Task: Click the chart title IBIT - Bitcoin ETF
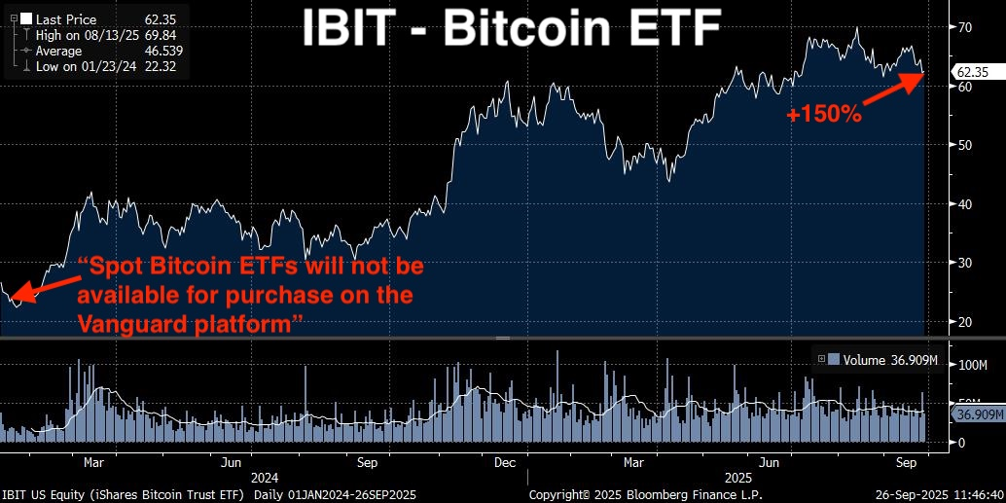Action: (x=510, y=29)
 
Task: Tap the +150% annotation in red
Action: (x=825, y=114)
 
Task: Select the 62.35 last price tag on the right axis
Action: (x=973, y=72)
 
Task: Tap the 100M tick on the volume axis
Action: (x=970, y=366)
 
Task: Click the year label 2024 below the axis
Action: (x=265, y=479)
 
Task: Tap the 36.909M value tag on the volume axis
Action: (x=977, y=414)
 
